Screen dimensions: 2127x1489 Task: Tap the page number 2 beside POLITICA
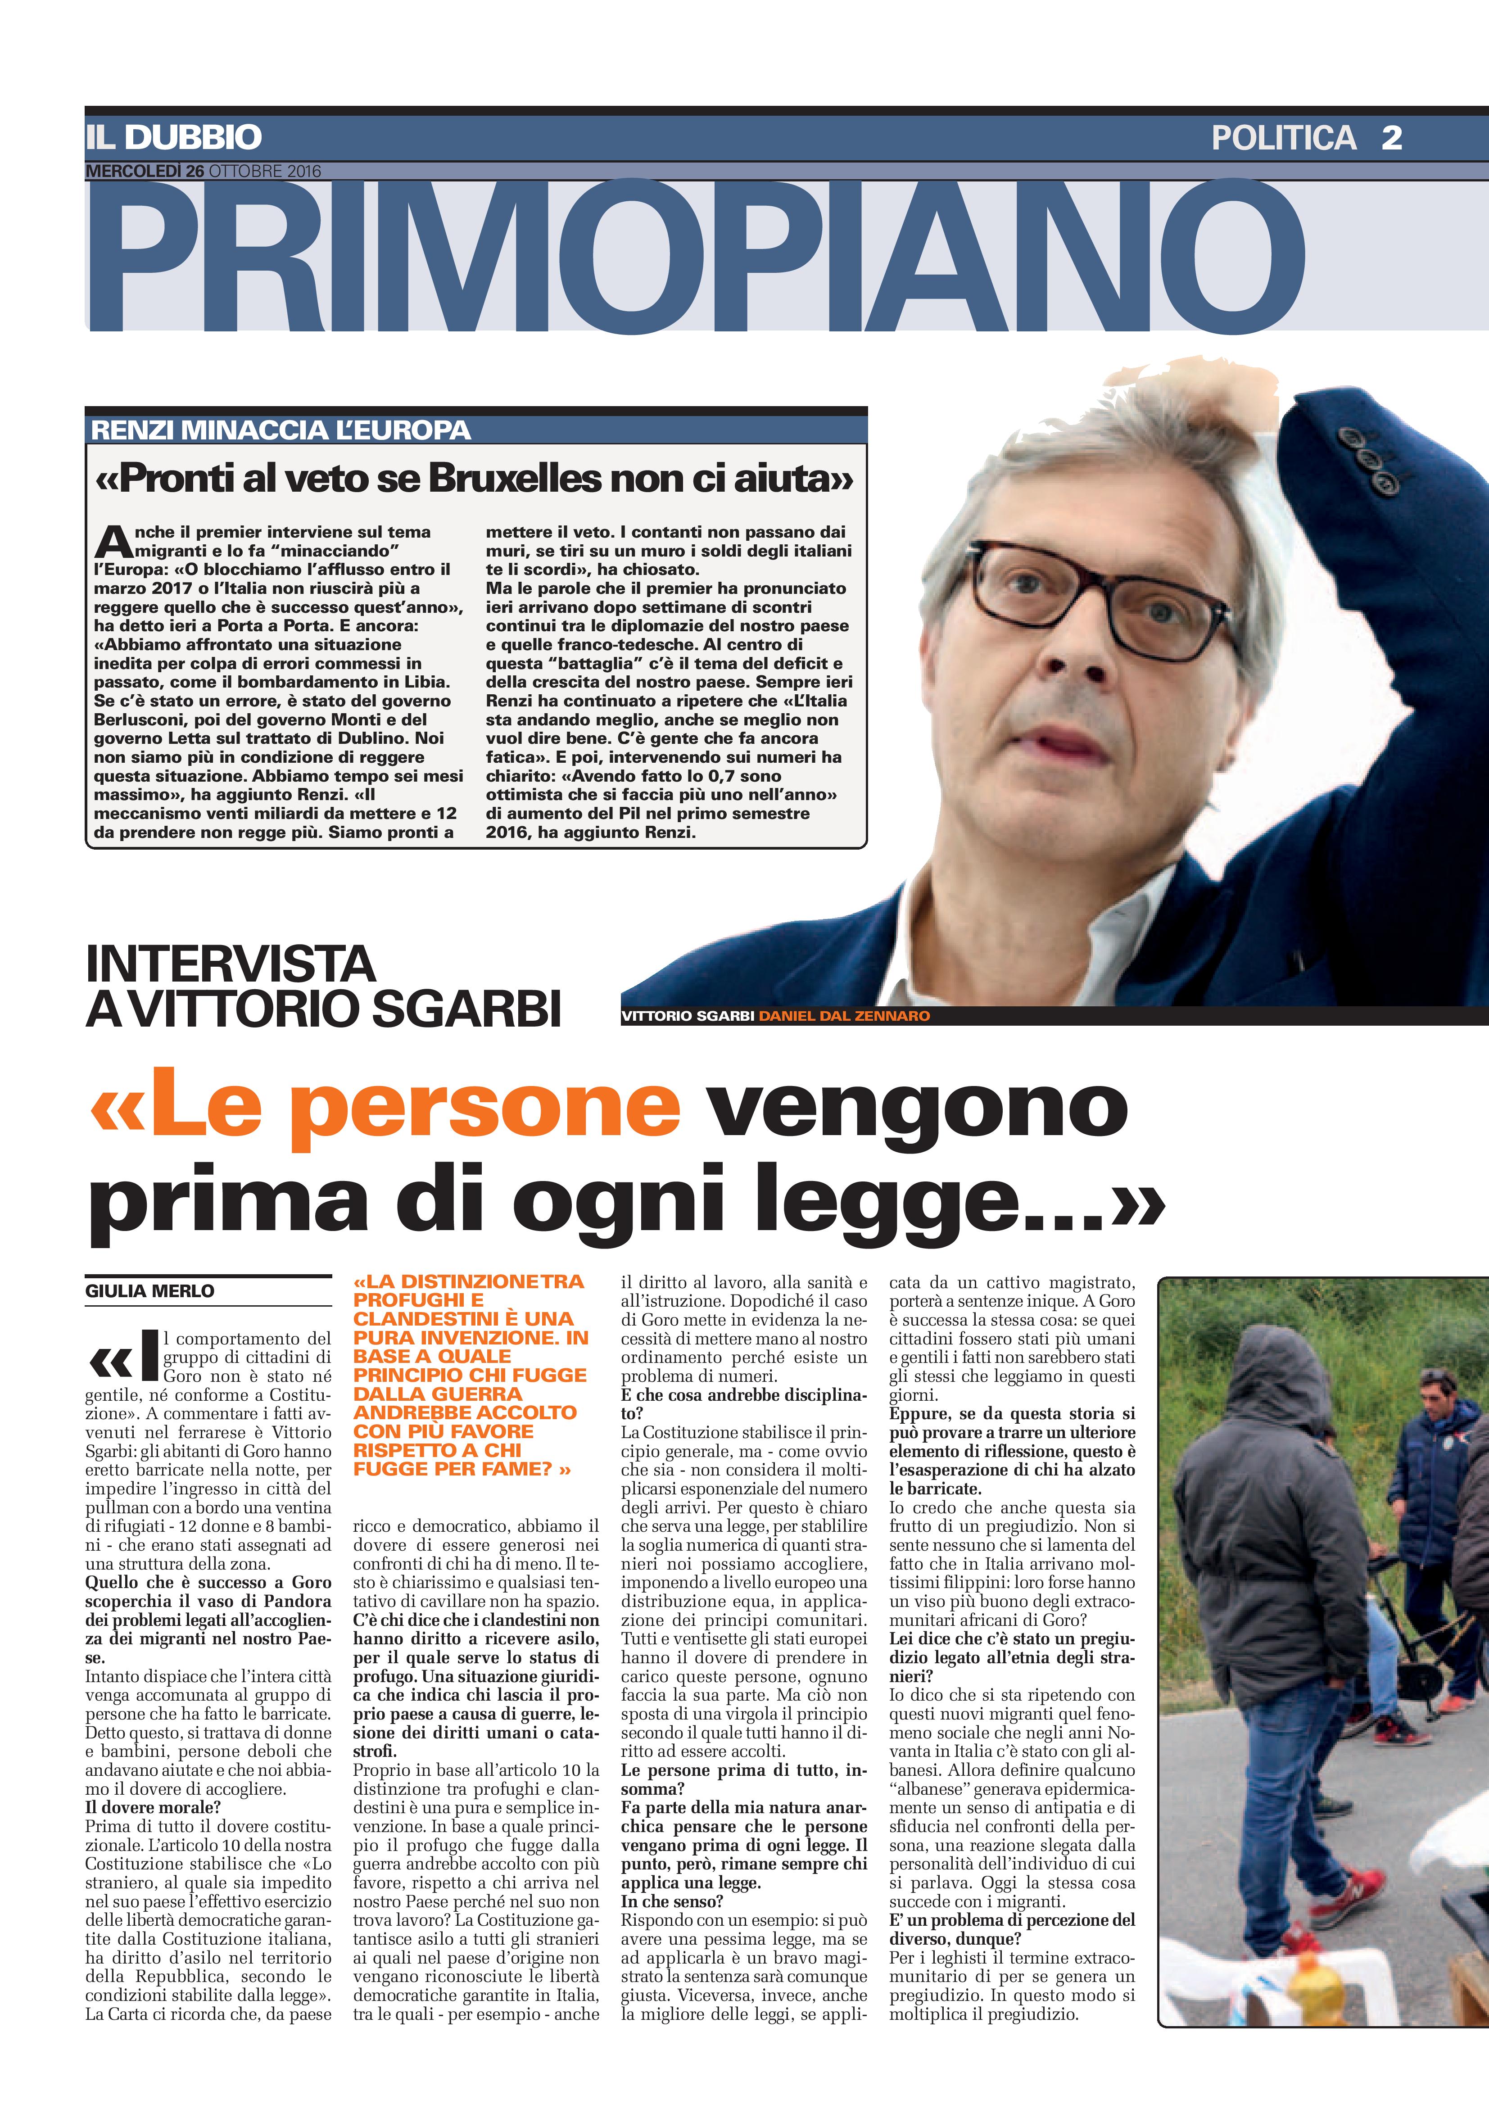coord(1391,138)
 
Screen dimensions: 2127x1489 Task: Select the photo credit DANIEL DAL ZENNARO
coord(844,1015)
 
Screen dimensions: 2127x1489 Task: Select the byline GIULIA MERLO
coord(150,1290)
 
